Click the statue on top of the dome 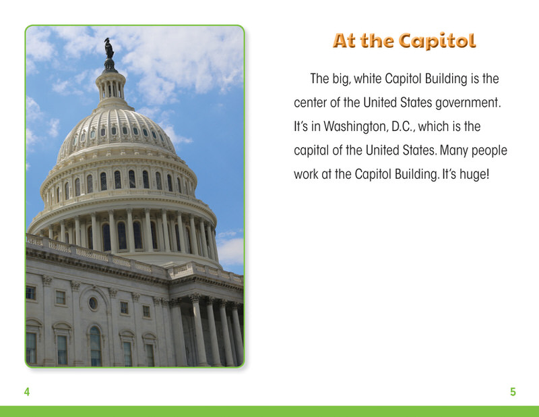(x=109, y=48)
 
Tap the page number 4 (x=27, y=391)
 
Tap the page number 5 (x=513, y=391)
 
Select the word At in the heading (x=344, y=40)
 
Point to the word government (x=468, y=103)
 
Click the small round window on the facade (x=93, y=303)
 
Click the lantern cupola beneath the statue (x=110, y=86)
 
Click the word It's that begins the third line (x=300, y=126)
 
